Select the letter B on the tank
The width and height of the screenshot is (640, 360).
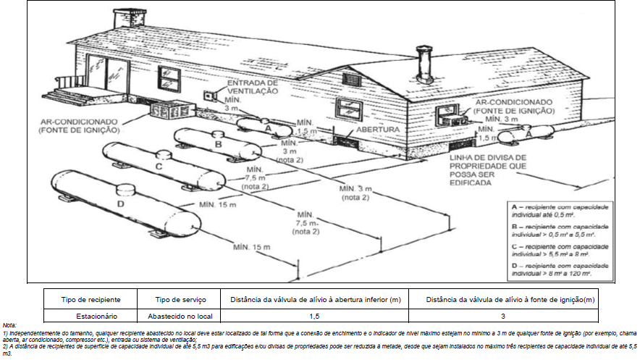[218, 145]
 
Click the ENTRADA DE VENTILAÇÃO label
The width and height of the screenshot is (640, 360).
[253, 88]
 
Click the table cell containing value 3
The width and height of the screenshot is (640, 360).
[502, 317]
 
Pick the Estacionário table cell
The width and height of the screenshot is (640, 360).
[97, 317]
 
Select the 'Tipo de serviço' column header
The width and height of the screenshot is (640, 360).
[181, 299]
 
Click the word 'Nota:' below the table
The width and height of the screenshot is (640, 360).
[9, 326]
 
